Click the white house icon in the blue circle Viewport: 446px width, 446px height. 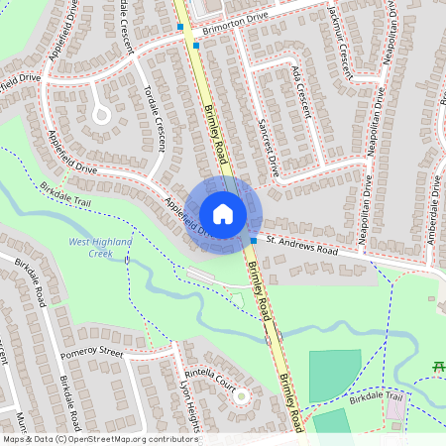223,214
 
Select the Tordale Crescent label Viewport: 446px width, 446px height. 155,116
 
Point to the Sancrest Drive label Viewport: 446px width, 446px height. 267,147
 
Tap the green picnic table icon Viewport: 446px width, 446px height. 437,368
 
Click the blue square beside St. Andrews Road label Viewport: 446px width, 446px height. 254,241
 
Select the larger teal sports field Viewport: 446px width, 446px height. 335,375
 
